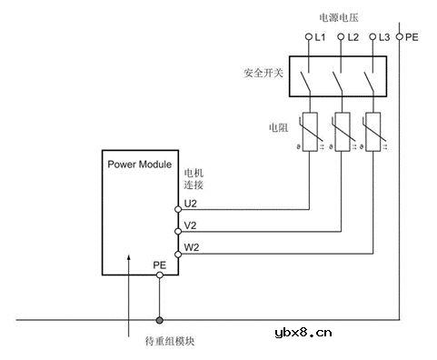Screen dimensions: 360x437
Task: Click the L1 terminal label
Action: (321, 37)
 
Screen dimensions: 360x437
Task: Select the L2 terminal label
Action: (353, 37)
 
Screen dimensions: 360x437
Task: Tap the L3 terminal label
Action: (384, 37)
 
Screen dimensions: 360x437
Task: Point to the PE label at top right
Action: (412, 37)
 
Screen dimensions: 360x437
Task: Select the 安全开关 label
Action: (263, 72)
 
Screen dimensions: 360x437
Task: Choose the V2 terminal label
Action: (190, 224)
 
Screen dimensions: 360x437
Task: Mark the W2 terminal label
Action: (190, 246)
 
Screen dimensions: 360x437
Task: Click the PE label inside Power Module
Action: (159, 265)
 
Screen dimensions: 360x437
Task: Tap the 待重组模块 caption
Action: (170, 342)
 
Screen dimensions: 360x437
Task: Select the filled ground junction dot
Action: (160, 319)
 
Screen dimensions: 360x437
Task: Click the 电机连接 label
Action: (194, 177)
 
